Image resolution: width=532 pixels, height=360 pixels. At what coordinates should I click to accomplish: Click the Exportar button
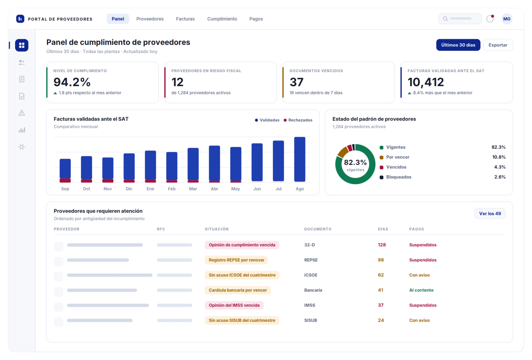pos(498,45)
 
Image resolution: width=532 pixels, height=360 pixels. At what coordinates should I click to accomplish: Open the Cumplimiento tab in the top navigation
pos(222,19)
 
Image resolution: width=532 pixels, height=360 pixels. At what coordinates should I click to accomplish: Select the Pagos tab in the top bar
pos(256,19)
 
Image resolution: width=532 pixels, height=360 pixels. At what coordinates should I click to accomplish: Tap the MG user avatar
pos(507,19)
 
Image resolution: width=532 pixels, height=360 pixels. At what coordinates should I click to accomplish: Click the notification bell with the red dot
pos(490,18)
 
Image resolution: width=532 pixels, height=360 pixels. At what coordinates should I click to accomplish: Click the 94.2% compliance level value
pos(72,82)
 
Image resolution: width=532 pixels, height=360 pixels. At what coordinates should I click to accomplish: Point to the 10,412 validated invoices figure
pos(426,82)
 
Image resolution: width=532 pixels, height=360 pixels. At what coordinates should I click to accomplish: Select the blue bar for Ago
pos(300,159)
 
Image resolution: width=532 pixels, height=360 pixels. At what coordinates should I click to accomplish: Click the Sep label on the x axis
pos(65,189)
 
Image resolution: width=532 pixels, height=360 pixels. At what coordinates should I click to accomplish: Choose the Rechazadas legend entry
pos(298,120)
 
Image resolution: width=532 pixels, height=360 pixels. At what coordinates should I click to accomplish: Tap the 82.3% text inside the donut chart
pos(355,162)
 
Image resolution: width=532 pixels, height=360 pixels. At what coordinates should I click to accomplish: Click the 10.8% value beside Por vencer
pos(499,157)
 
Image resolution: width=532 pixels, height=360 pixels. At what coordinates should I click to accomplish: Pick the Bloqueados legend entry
pos(396,177)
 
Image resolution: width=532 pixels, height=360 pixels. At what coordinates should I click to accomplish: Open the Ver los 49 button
pos(490,214)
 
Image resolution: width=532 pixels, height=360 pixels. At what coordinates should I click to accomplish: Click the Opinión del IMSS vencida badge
pos(234,305)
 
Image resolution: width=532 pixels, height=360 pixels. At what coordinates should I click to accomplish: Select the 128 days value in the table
pos(382,245)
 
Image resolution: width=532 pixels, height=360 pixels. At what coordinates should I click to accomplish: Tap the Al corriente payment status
pos(421,290)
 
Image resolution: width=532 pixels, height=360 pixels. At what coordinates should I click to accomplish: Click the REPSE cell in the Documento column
pos(311,260)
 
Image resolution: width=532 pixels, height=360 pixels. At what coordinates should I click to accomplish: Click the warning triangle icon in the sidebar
pos(21,113)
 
